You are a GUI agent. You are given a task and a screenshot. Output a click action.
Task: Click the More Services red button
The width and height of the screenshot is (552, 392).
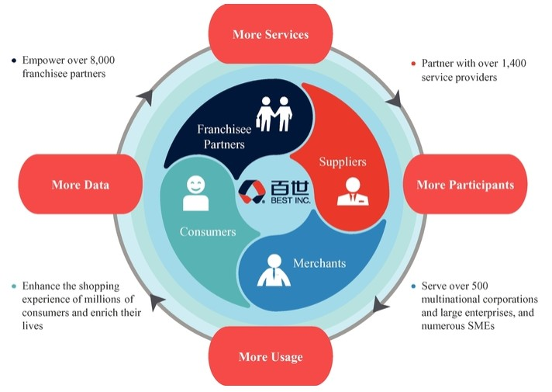tap(271, 35)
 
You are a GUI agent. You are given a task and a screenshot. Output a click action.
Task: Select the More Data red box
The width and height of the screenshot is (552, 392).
tap(80, 185)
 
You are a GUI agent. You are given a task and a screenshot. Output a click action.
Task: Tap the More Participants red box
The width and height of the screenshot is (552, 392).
tap(465, 185)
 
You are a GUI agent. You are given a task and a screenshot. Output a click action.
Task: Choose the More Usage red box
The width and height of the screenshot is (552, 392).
tap(271, 357)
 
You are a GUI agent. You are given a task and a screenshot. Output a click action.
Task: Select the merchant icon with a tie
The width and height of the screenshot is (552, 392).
tap(274, 270)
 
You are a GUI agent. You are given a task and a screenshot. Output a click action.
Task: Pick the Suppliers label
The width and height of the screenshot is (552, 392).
tap(342, 162)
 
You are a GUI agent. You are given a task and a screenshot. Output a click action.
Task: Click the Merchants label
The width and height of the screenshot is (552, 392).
tap(319, 263)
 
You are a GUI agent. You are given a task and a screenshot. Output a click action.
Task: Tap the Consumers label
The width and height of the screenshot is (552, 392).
tap(208, 231)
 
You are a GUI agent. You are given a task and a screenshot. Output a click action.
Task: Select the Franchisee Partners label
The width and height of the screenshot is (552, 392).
tap(221, 137)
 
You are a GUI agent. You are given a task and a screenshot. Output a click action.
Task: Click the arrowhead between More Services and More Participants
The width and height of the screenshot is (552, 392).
tap(394, 99)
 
